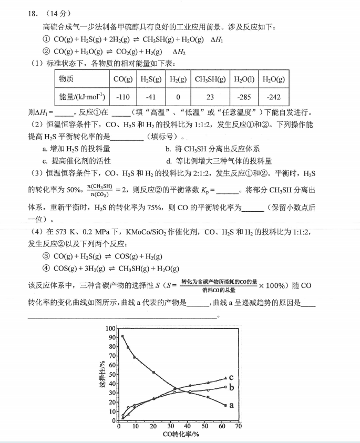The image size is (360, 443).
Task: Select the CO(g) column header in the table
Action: click(x=123, y=79)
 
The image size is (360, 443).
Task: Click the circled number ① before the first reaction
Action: click(x=46, y=39)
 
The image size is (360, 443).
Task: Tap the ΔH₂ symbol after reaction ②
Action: click(x=179, y=52)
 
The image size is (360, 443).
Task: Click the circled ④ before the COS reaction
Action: click(x=46, y=269)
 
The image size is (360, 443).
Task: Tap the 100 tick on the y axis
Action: click(x=110, y=328)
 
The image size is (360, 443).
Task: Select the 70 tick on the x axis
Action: click(x=238, y=426)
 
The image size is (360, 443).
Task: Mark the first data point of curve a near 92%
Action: click(x=122, y=336)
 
